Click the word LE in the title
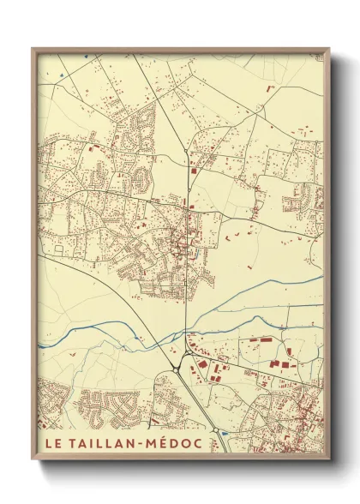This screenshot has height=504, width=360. [51, 445]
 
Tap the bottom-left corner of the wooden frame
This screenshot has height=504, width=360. [33, 460]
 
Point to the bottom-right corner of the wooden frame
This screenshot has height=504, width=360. [328, 460]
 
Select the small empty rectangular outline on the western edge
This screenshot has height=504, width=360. [58, 249]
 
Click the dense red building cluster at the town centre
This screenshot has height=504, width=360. [182, 249]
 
